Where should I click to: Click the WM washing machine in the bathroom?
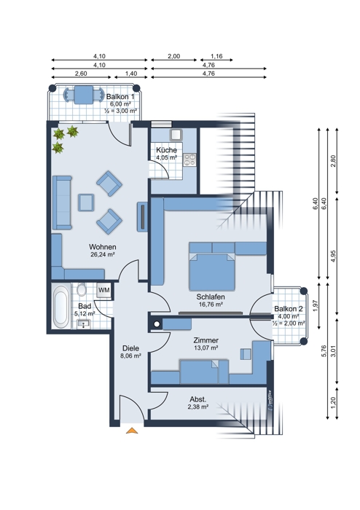click(104, 290)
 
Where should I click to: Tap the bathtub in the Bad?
click(60, 306)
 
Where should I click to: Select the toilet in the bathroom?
click(82, 289)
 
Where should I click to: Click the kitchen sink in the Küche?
click(176, 135)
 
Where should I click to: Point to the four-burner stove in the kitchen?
click(190, 160)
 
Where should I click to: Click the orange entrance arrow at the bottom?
click(132, 431)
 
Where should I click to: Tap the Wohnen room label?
click(103, 247)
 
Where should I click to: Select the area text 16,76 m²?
click(211, 305)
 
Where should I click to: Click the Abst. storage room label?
click(198, 399)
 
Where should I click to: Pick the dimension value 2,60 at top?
click(81, 74)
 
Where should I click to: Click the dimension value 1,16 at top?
click(216, 56)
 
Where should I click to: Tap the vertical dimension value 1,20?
click(333, 403)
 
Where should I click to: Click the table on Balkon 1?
click(84, 95)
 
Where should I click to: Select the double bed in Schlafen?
click(212, 272)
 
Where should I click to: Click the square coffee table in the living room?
click(86, 203)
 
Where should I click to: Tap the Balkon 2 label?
click(289, 309)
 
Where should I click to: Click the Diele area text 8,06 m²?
click(130, 356)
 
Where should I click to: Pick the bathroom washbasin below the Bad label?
click(84, 323)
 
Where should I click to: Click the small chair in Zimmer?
click(246, 354)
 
